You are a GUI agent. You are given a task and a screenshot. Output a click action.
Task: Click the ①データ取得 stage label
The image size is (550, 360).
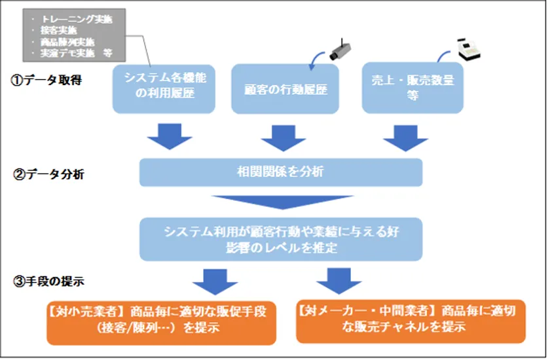tap(46, 82)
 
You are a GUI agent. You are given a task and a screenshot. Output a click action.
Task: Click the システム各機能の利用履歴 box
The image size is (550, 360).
tap(164, 88)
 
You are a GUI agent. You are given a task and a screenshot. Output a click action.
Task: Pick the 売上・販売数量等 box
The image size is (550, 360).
tap(412, 88)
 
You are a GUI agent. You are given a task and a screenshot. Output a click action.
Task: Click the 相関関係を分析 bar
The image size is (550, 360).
tap(280, 173)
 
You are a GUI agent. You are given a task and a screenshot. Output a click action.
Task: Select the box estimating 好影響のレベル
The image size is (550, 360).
tap(280, 239)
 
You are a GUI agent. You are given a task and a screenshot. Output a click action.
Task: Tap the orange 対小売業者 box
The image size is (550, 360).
tap(160, 319)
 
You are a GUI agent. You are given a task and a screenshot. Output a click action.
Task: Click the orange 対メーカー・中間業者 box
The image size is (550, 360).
tap(411, 319)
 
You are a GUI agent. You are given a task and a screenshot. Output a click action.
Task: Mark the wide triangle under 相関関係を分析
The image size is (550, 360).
tap(280, 202)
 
